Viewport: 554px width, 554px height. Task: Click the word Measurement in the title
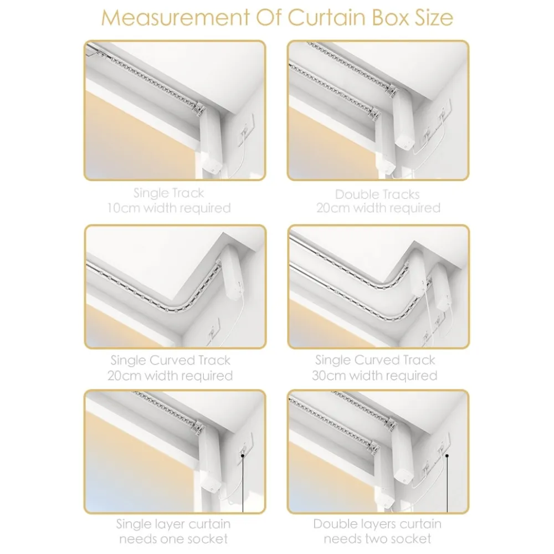[x=175, y=17]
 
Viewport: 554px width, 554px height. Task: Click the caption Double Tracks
[x=377, y=194]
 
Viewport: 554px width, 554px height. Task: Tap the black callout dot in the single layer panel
[x=243, y=455]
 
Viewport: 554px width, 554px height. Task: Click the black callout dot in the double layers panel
[x=447, y=456]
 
